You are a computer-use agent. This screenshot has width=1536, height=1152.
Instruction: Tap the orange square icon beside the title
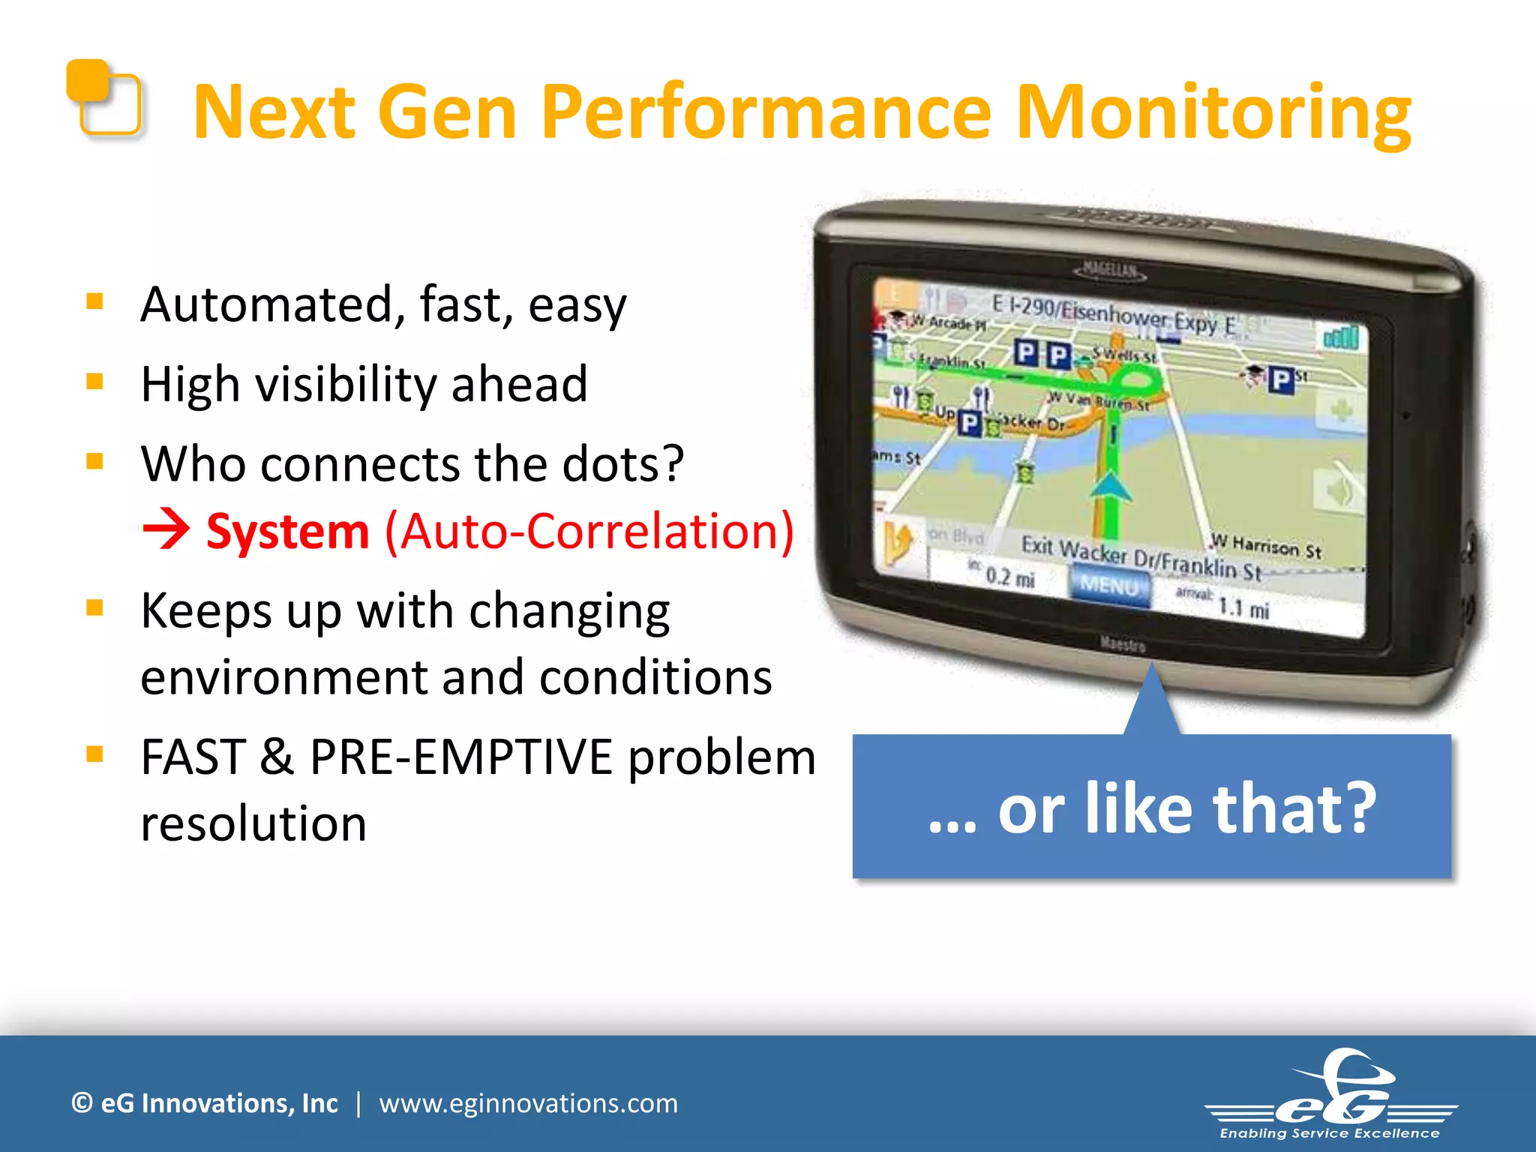pyautogui.click(x=105, y=98)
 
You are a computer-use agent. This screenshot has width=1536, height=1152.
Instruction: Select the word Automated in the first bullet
pyautogui.click(x=266, y=304)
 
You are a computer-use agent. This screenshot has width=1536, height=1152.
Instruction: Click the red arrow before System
pyautogui.click(x=166, y=529)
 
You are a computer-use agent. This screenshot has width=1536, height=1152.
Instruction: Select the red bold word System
pyautogui.click(x=288, y=531)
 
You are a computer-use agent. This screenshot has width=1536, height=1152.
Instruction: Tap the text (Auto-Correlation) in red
pyautogui.click(x=589, y=531)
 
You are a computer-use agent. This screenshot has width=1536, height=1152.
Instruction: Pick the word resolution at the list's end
pyautogui.click(x=253, y=823)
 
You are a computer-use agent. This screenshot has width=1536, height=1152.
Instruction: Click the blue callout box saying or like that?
pyautogui.click(x=1152, y=807)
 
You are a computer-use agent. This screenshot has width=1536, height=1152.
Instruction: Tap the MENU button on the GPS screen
pyautogui.click(x=1108, y=584)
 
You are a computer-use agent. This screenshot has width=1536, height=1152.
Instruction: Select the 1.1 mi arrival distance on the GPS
pyautogui.click(x=1243, y=607)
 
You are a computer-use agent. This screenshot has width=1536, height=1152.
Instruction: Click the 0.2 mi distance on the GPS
pyautogui.click(x=1009, y=577)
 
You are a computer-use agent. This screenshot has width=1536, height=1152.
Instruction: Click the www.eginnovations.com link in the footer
pyautogui.click(x=528, y=1103)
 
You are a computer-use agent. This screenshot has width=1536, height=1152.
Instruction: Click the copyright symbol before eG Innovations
pyautogui.click(x=82, y=1103)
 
